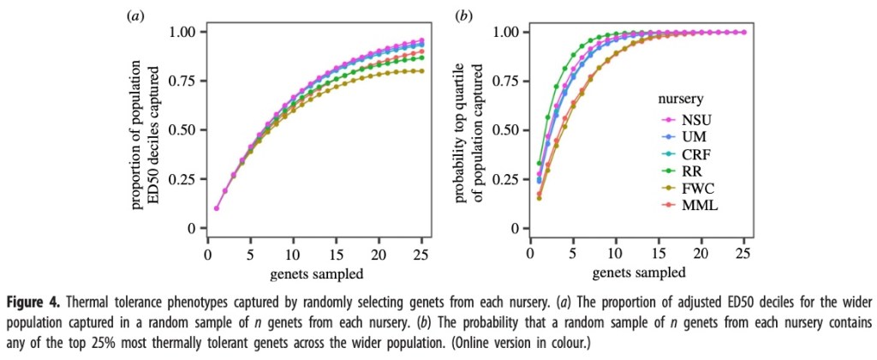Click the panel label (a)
pyautogui.click(x=134, y=15)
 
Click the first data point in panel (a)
pyautogui.click(x=217, y=208)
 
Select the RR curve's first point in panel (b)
pyautogui.click(x=539, y=163)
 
